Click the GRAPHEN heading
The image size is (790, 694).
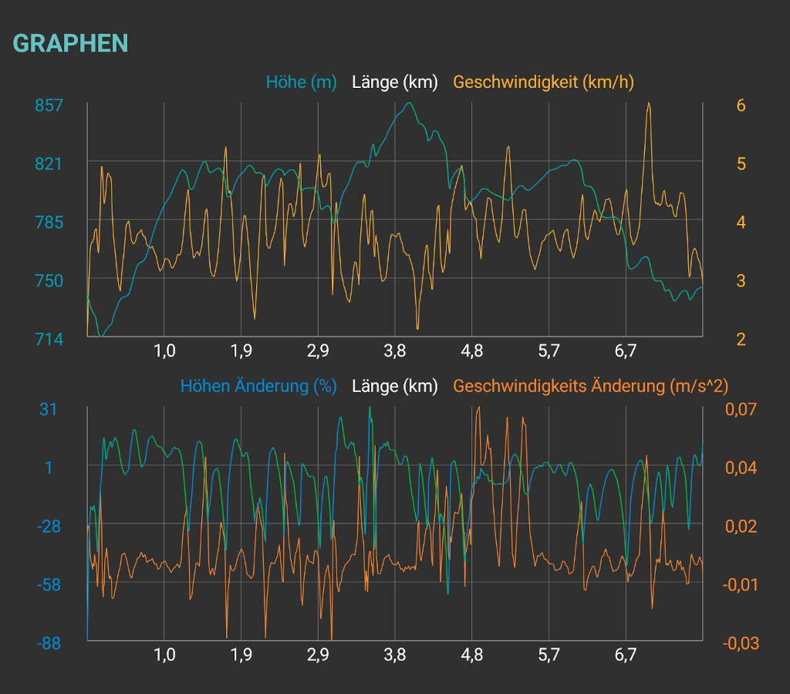tap(70, 43)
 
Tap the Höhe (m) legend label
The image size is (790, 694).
tap(302, 82)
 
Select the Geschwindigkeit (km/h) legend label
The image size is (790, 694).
tap(543, 82)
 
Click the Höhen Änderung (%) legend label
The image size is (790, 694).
tap(258, 386)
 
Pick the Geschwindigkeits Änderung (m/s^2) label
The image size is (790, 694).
tap(591, 386)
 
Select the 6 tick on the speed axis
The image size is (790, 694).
tap(741, 105)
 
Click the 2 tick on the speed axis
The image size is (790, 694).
tap(741, 339)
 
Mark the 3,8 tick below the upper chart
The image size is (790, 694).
tap(394, 352)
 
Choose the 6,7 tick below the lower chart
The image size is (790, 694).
tap(625, 655)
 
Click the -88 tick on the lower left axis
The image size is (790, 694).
tap(50, 642)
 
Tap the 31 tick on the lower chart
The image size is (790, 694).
tap(49, 409)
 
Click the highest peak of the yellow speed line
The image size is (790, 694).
tap(649, 103)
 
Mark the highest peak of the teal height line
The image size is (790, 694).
tap(409, 103)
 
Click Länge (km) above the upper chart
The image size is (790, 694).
tap(394, 82)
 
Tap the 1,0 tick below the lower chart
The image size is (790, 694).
tap(164, 655)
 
